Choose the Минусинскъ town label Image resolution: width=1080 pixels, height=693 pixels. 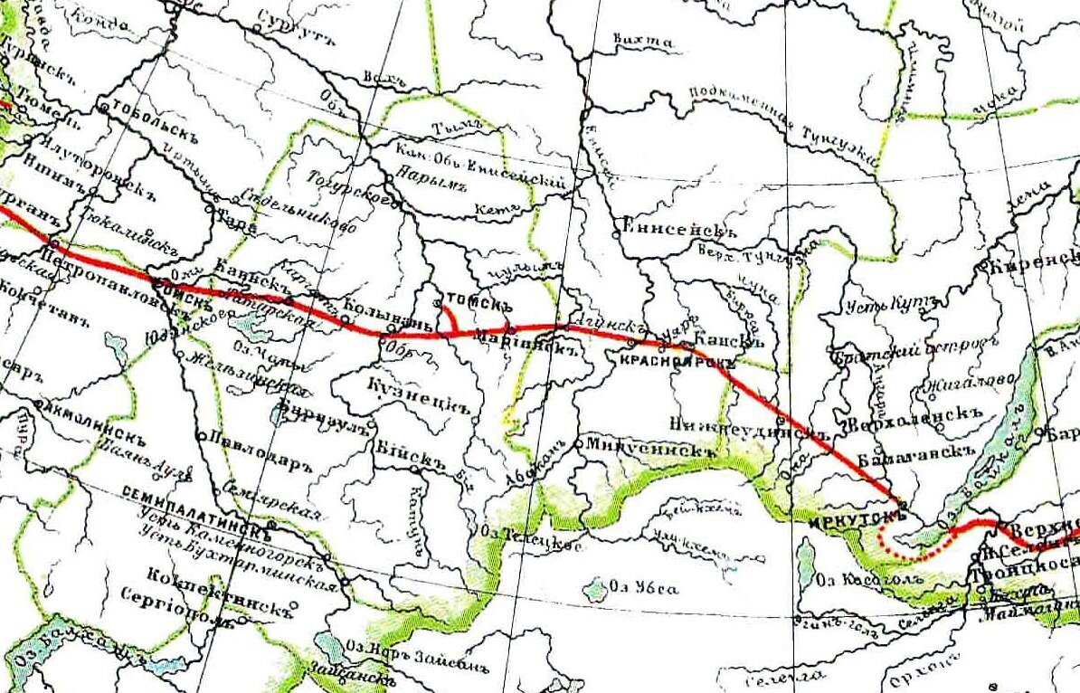point(644,446)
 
